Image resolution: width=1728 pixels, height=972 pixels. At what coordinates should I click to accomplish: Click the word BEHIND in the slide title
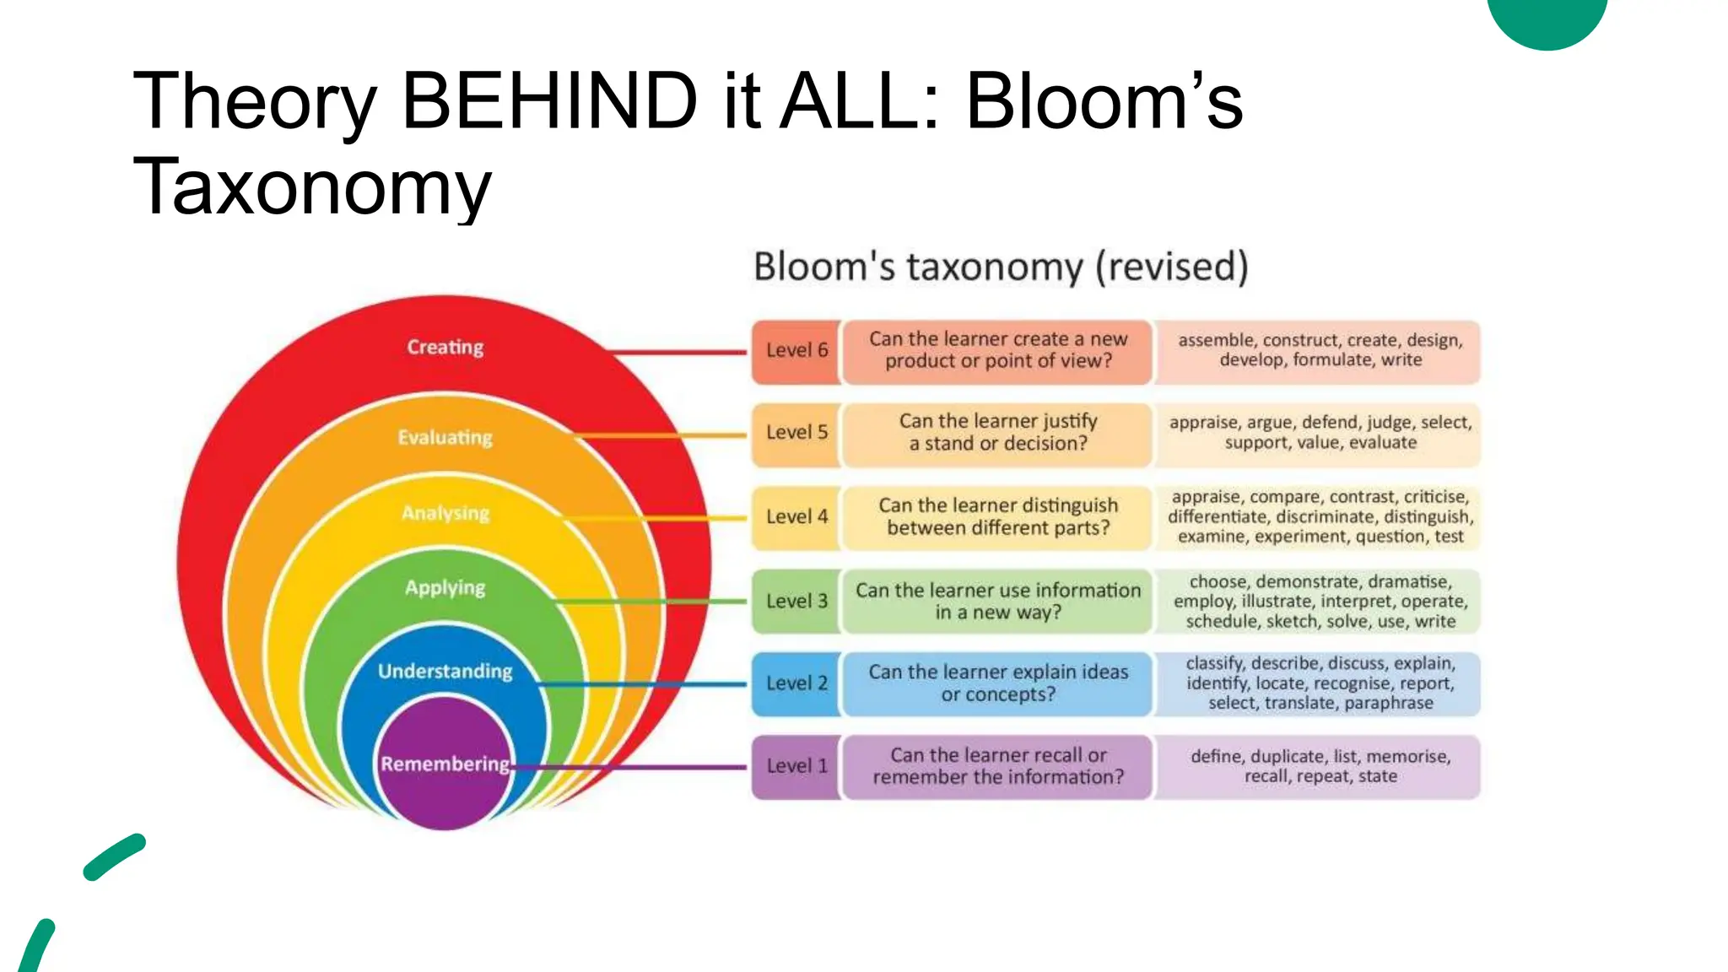pyautogui.click(x=549, y=101)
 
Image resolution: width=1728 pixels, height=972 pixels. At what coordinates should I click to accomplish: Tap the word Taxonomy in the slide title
pyautogui.click(x=312, y=187)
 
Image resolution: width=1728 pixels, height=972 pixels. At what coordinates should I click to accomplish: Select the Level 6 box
pyautogui.click(x=796, y=351)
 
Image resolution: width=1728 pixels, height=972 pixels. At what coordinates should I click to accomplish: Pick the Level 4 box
pyautogui.click(x=796, y=517)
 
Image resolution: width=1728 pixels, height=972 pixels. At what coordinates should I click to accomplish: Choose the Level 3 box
pyautogui.click(x=796, y=602)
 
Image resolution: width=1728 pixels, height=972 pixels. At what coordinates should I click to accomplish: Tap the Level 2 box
pyautogui.click(x=796, y=684)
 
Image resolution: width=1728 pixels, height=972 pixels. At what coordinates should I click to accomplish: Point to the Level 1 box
pyautogui.click(x=796, y=767)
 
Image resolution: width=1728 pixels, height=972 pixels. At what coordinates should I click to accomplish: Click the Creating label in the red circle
pyautogui.click(x=445, y=348)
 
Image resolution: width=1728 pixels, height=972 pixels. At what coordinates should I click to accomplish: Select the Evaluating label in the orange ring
pyautogui.click(x=445, y=438)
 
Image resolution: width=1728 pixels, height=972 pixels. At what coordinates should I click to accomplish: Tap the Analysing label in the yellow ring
pyautogui.click(x=445, y=513)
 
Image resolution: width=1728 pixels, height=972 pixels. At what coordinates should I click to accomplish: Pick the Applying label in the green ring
pyautogui.click(x=445, y=588)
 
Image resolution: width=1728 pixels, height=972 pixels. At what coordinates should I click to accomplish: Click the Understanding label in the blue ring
pyautogui.click(x=445, y=672)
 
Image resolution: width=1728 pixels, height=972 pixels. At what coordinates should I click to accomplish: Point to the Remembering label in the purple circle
pyautogui.click(x=445, y=764)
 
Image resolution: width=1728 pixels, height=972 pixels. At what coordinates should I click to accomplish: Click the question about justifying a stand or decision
pyautogui.click(x=998, y=433)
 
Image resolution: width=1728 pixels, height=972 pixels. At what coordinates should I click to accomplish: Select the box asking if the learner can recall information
pyautogui.click(x=998, y=767)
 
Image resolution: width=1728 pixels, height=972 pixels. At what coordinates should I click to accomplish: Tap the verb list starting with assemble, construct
pyautogui.click(x=1320, y=351)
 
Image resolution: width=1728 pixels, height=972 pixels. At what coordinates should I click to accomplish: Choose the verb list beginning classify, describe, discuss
pyautogui.click(x=1320, y=684)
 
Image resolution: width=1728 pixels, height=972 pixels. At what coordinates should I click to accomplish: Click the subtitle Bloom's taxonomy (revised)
pyautogui.click(x=1001, y=267)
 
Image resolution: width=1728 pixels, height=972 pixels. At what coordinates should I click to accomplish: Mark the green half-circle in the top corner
pyautogui.click(x=1547, y=20)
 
